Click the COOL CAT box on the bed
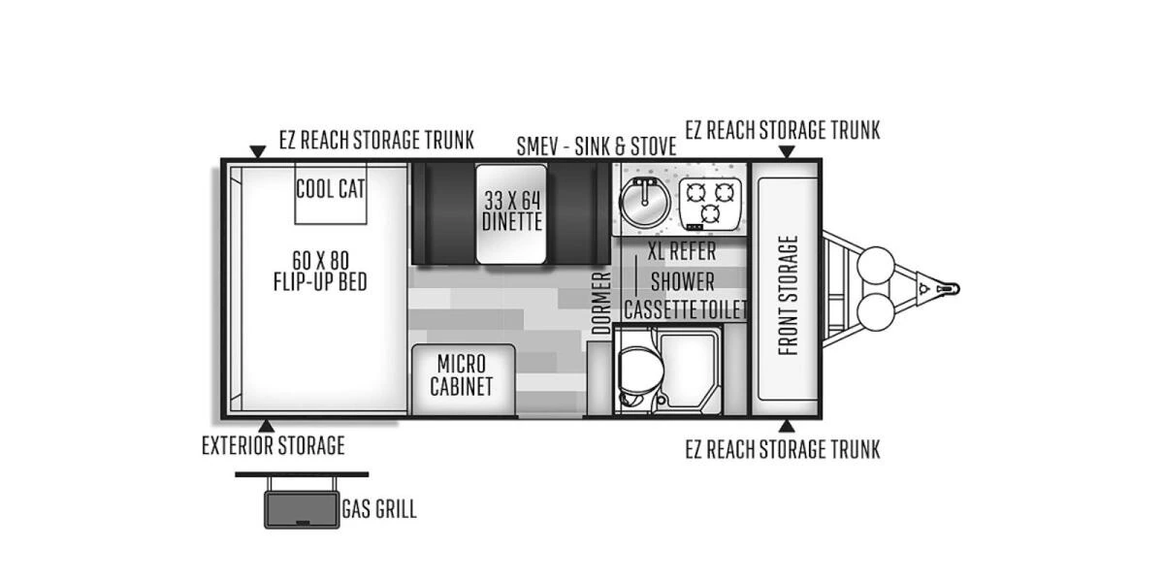pos(331,191)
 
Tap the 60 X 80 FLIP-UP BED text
pos(320,271)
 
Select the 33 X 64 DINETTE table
pos(511,212)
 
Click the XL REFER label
pos(682,252)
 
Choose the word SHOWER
pos(682,281)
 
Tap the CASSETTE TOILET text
pos(685,310)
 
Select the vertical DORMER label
pos(601,304)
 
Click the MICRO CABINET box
pos(461,375)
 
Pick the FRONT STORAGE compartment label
pos(789,295)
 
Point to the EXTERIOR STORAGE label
pos(273,446)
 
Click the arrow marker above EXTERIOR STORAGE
pos(266,425)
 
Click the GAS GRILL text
pos(378,509)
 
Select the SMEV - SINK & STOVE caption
pos(597,146)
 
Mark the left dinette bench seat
pos(443,212)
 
